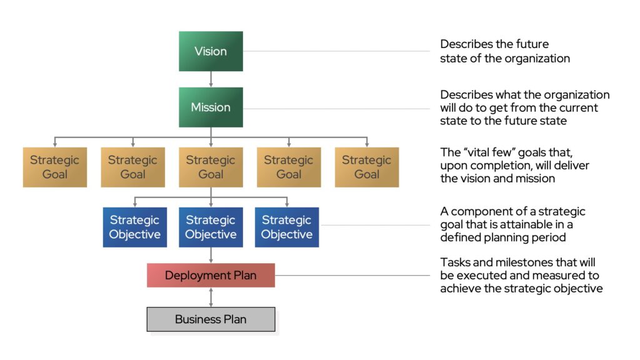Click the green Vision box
point(211,51)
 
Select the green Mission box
point(211,107)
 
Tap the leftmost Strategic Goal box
point(55,167)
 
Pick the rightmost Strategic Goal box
point(366,167)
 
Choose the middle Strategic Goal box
point(211,167)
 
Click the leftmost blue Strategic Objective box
point(135,227)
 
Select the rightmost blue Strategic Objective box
point(286,227)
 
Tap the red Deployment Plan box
point(211,275)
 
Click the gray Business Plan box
point(211,319)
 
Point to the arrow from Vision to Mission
point(211,79)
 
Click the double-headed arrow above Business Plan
point(211,297)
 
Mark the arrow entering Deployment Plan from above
point(211,255)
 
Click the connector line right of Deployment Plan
point(352,275)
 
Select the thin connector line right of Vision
point(336,51)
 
